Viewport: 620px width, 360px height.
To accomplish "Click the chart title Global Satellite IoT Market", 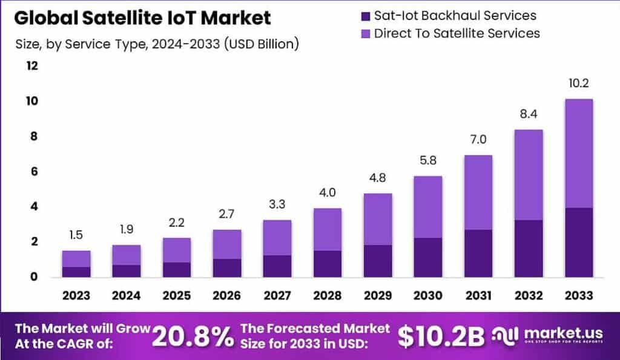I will pyautogui.click(x=142, y=18).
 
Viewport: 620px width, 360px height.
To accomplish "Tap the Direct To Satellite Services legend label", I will pyautogui.click(x=457, y=33).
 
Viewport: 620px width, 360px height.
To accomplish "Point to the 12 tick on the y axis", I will pyautogui.click(x=31, y=65).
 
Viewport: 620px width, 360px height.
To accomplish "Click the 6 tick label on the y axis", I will pyautogui.click(x=34, y=171).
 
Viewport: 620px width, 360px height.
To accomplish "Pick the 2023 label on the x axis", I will pyautogui.click(x=76, y=295).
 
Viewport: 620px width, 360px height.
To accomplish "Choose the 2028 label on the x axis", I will pyautogui.click(x=327, y=295).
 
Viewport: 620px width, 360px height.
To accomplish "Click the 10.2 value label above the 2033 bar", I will pyautogui.click(x=578, y=83).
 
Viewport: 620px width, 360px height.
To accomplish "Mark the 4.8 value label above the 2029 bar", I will pyautogui.click(x=377, y=178).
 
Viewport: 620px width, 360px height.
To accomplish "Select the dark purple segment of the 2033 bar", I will pyautogui.click(x=578, y=242).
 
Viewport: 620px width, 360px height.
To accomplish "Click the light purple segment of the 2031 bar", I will pyautogui.click(x=478, y=192).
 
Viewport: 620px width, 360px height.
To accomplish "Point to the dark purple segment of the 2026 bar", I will pyautogui.click(x=227, y=267).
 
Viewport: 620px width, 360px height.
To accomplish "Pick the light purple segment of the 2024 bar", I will pyautogui.click(x=127, y=255).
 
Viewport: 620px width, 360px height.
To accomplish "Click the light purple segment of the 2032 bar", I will pyautogui.click(x=527, y=174).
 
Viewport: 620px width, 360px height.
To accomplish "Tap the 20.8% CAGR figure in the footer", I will pyautogui.click(x=192, y=337).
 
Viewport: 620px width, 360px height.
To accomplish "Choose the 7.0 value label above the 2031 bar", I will pyautogui.click(x=478, y=140).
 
